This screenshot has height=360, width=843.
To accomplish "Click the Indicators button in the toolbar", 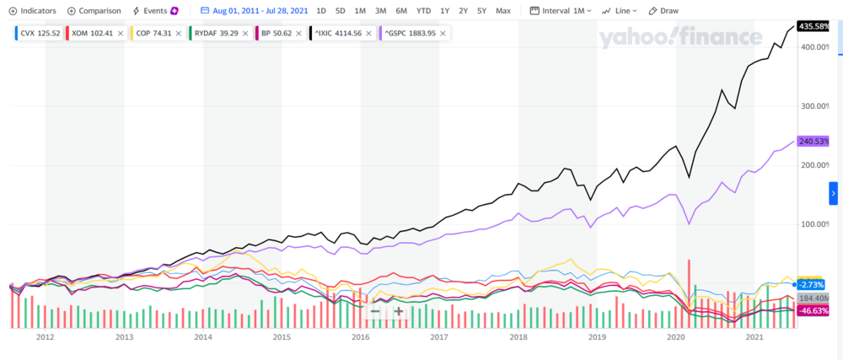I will point(32,11).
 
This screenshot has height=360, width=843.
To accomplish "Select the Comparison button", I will point(94,11).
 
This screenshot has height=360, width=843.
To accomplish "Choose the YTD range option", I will point(423,11).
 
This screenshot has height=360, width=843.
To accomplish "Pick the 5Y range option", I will point(481,11).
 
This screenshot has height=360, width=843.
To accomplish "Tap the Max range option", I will point(503,11).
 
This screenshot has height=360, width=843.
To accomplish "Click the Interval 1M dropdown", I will point(562,11).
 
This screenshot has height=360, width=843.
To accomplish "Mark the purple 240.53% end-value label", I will point(813,142).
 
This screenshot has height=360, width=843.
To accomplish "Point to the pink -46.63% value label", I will point(813,311).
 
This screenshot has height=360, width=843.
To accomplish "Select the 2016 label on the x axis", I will point(361,337).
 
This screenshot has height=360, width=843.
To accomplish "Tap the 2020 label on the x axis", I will point(676,337).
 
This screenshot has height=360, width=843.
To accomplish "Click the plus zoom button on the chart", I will point(399,312).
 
